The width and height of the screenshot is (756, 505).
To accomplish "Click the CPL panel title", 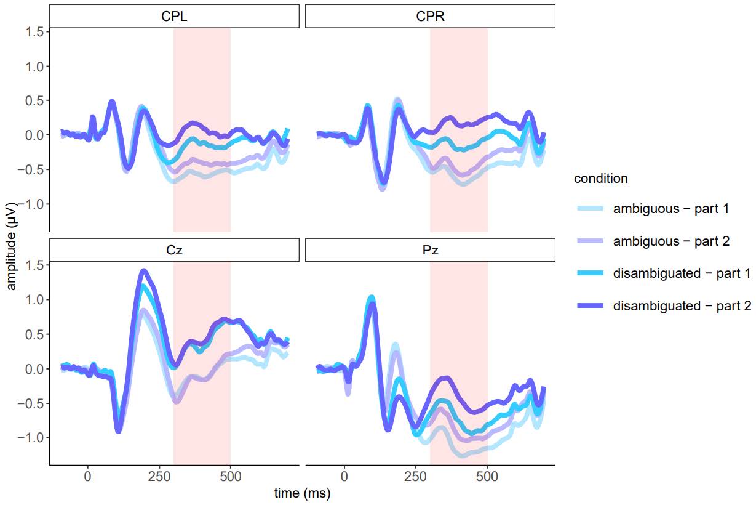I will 174,17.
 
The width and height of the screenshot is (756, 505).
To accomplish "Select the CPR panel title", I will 430,17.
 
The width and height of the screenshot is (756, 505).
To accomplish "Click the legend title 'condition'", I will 600,179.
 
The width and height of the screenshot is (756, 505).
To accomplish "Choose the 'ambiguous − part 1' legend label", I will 671,209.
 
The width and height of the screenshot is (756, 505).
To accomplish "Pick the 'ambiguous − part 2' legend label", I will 671,241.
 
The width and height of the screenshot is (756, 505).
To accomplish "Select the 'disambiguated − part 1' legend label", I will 682,273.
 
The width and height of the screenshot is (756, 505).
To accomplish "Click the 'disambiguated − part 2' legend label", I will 682,306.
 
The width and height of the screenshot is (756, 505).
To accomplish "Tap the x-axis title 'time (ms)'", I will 302,493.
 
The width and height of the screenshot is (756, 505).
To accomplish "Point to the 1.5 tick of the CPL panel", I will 35,31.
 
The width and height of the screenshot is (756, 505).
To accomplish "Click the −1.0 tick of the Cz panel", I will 32,437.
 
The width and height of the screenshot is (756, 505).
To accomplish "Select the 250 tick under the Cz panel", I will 159,476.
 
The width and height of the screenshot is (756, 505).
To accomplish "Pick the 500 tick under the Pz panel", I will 487,476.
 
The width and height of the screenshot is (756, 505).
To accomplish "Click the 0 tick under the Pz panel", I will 344,476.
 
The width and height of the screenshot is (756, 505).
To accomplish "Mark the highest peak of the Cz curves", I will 143,270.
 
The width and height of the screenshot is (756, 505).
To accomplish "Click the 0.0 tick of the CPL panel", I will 35,135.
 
